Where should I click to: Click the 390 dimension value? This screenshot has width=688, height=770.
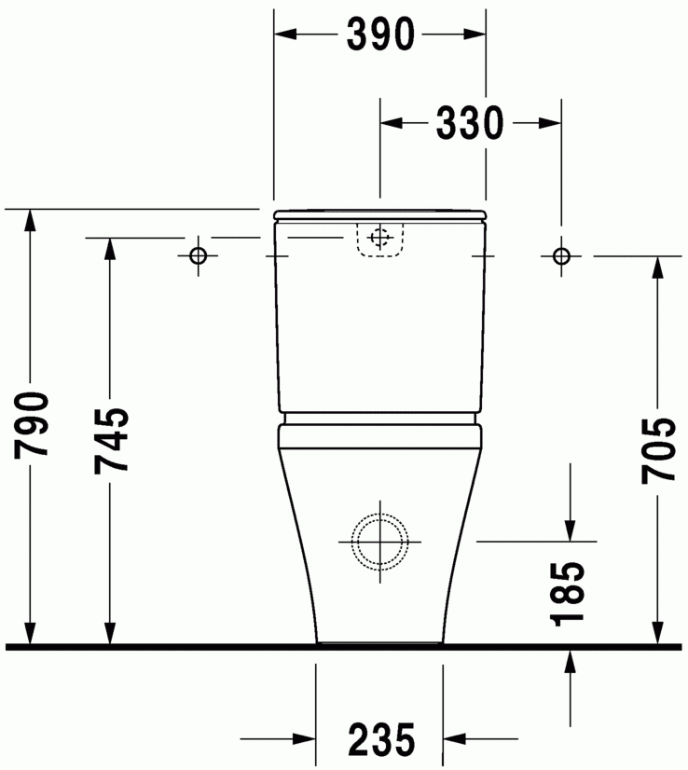point(379,34)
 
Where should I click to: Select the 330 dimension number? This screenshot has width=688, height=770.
point(470,122)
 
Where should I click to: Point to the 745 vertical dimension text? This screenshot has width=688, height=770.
point(111,440)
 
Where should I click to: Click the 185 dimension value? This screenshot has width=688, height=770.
point(569,593)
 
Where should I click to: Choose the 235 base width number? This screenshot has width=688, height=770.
point(381,740)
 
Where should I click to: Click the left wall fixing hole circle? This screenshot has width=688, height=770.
point(198,255)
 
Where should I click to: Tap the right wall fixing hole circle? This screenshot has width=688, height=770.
point(560,255)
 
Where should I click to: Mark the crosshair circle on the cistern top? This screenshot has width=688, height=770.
point(379,238)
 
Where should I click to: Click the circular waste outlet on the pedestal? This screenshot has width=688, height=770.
point(379,540)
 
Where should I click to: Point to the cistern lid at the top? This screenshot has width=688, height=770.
point(379,216)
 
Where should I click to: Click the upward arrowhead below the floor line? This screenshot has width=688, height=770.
point(569,660)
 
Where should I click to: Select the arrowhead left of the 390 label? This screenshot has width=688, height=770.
point(285,34)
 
